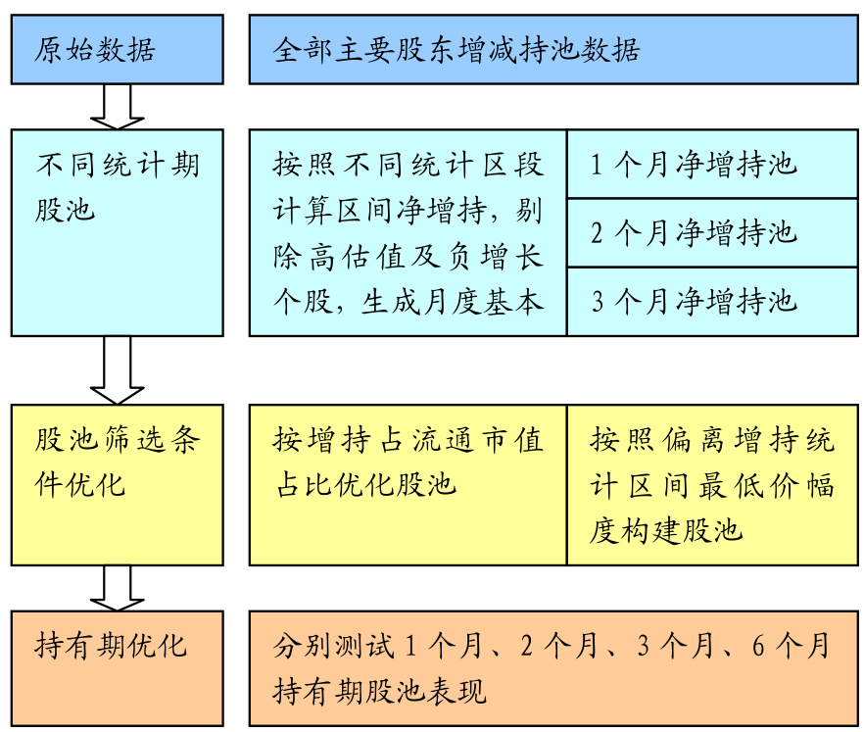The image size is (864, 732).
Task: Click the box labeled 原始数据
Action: [117, 49]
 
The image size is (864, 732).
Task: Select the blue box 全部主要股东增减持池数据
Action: [553, 49]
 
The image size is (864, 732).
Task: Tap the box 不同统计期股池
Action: [117, 232]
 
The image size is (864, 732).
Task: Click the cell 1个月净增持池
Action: [712, 164]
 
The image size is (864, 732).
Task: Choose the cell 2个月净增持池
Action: [712, 232]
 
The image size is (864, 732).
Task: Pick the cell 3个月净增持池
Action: [712, 301]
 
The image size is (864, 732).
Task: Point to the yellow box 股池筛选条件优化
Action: [117, 484]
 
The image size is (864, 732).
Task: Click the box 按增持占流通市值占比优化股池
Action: [408, 484]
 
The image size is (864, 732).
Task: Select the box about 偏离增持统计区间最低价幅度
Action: [712, 484]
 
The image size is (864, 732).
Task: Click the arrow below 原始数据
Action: [117, 107]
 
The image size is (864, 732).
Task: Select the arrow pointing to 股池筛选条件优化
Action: [117, 370]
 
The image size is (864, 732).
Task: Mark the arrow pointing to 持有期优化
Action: [117, 589]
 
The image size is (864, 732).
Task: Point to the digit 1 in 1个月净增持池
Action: [598, 165]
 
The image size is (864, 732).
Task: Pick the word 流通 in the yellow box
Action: [426, 440]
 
